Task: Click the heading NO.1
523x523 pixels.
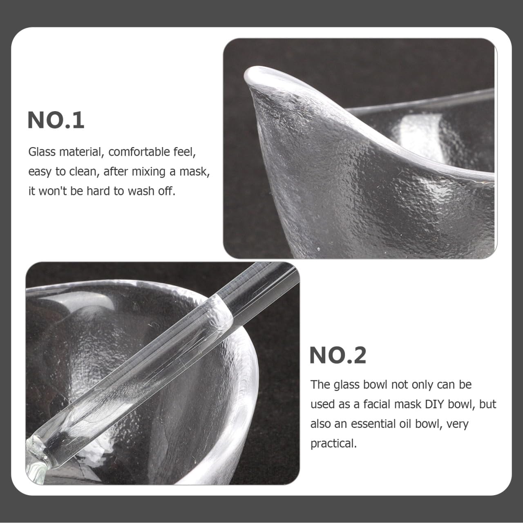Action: click(x=56, y=120)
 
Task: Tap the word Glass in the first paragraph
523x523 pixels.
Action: click(x=42, y=152)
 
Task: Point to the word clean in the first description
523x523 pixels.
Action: click(x=81, y=172)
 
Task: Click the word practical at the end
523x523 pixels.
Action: click(x=333, y=443)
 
